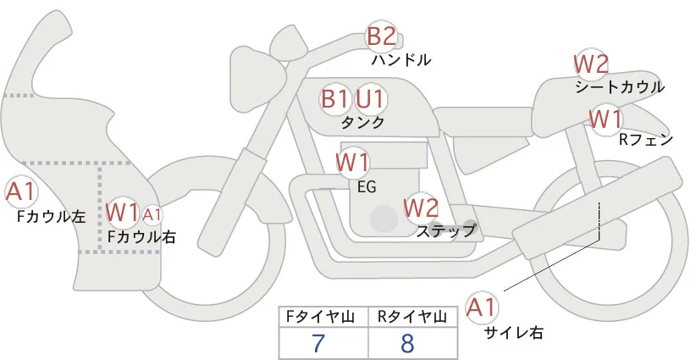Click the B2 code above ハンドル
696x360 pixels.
[x=381, y=36]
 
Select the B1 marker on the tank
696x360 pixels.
[x=335, y=99]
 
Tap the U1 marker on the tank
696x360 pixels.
[x=370, y=99]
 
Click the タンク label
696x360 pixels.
[x=362, y=123]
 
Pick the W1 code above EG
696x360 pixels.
[x=353, y=162]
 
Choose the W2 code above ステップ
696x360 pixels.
[x=421, y=207]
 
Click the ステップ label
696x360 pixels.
[x=445, y=230]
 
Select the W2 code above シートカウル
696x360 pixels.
[x=591, y=64]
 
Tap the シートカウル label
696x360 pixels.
[x=619, y=86]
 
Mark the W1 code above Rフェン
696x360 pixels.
[x=606, y=118]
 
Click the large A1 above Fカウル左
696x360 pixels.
[x=20, y=192]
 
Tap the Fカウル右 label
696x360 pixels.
[x=141, y=237]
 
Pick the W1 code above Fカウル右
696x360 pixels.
[x=123, y=211]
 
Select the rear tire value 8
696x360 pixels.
[x=407, y=343]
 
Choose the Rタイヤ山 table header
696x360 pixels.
[x=412, y=317]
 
